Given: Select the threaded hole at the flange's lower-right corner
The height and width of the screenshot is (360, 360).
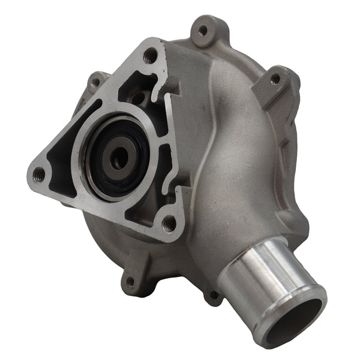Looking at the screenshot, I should click(x=170, y=224).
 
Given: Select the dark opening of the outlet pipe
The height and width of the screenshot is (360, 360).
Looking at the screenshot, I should click(x=300, y=315).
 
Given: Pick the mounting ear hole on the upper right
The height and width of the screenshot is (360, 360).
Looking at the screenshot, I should click(x=275, y=79).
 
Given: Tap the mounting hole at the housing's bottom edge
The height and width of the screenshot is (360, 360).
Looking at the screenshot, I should click(x=130, y=281).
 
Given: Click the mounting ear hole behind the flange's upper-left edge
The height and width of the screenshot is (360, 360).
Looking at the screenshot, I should click(x=94, y=80).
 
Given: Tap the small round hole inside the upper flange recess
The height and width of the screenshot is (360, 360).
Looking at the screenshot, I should click(x=139, y=96).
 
